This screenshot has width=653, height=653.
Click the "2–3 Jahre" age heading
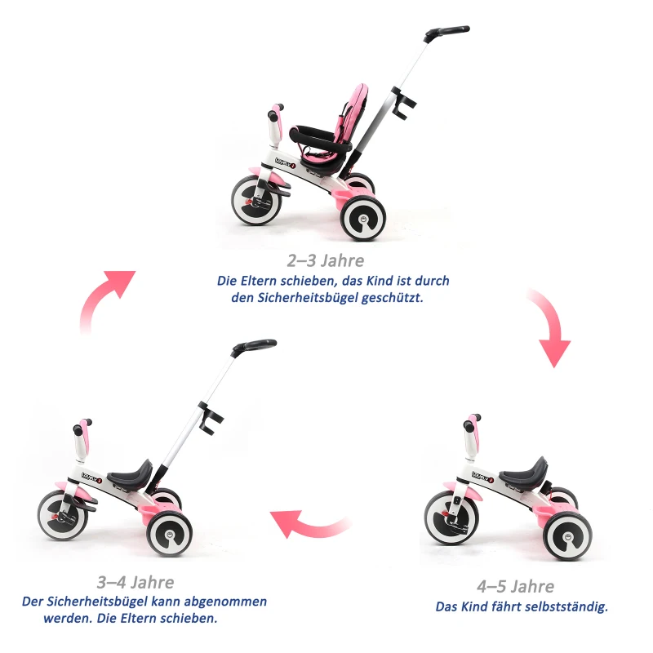pos(325,261)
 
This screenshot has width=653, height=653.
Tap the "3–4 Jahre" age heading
pos(135,583)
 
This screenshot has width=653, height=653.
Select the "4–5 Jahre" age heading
pos(515,587)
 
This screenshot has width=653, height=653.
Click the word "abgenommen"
pos(225,602)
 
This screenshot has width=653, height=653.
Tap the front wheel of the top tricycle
pos(255,201)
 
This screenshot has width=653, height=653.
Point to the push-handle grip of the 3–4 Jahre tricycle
pos(254,346)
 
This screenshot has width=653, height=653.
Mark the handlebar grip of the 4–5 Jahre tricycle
pos(472,424)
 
